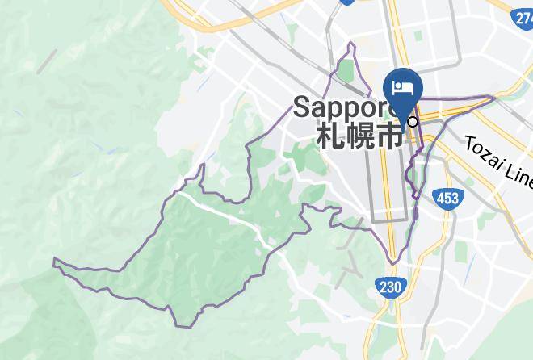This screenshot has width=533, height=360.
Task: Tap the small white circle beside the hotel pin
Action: pyautogui.click(x=413, y=122)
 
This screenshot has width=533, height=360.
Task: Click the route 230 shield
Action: pyautogui.click(x=389, y=286)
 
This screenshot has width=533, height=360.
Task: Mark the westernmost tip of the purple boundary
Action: pyautogui.click(x=54, y=261)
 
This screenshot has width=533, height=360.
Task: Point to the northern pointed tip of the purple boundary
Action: pyautogui.click(x=353, y=43)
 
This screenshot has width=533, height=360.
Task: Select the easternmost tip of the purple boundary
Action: pyautogui.click(x=493, y=98)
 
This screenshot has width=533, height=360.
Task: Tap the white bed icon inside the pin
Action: pyautogui.click(x=401, y=86)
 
